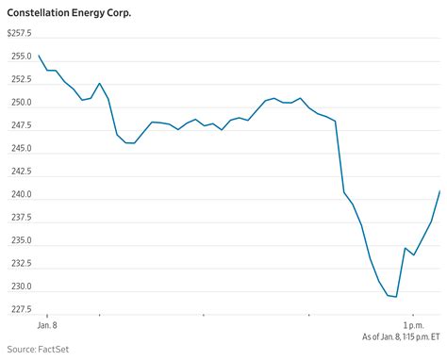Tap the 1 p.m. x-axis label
pyautogui.click(x=411, y=324)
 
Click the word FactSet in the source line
pyautogui.click(x=51, y=350)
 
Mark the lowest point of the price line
pyautogui.click(x=396, y=297)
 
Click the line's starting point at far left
pyautogui.click(x=39, y=56)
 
